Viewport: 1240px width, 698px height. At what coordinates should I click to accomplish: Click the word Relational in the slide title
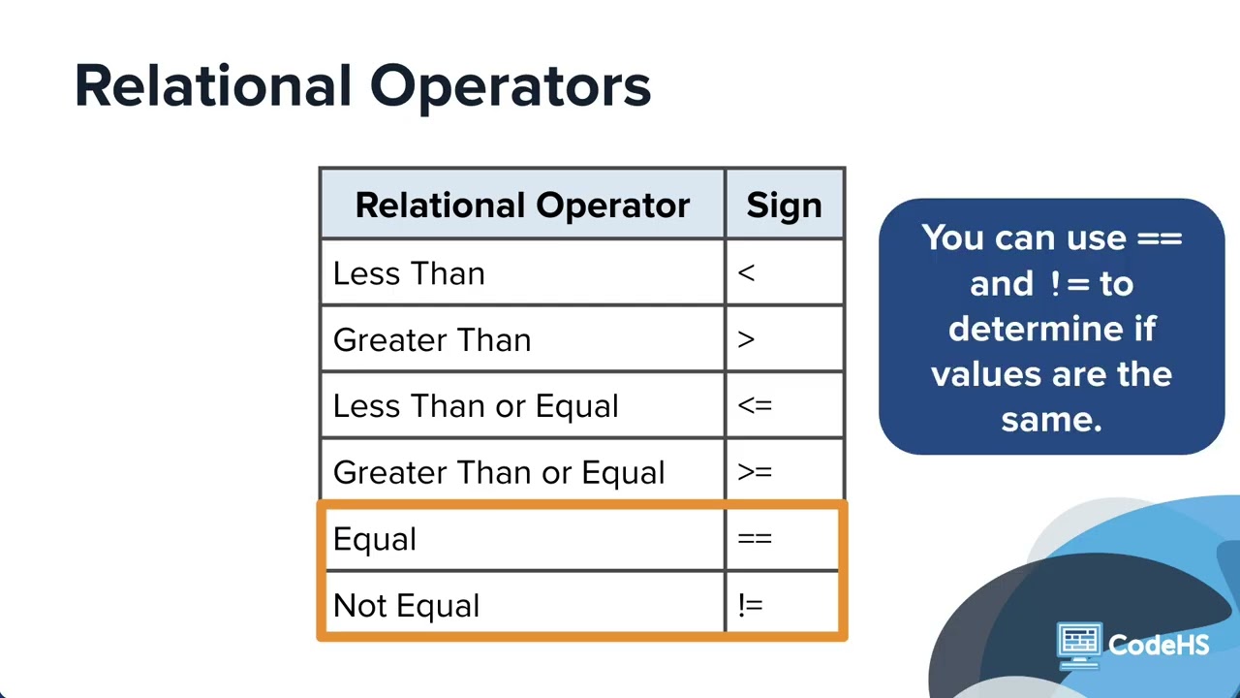point(213,86)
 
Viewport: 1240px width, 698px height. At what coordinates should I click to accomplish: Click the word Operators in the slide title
point(511,88)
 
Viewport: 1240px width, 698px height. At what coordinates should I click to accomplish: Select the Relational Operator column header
point(522,206)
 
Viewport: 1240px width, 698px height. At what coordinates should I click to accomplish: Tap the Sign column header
point(784,206)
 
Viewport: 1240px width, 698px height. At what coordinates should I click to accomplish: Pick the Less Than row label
point(409,273)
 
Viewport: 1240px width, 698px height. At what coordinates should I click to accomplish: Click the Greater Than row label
point(432,339)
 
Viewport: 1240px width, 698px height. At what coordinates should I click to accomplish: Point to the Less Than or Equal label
point(476,406)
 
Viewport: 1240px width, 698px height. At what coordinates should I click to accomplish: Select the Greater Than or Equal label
point(499,472)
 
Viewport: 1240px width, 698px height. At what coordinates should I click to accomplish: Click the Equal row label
point(375,539)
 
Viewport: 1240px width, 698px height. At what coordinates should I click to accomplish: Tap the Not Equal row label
point(407,606)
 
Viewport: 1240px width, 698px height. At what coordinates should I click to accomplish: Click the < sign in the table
point(746,273)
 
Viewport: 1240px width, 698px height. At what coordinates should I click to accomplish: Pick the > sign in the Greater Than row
point(746,339)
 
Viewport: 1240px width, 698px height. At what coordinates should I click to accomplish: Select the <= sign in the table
point(755,406)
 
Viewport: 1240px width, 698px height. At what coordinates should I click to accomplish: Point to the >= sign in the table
point(755,472)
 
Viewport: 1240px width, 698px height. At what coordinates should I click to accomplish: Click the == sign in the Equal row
point(755,538)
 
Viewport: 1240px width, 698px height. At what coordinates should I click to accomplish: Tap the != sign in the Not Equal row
point(751,605)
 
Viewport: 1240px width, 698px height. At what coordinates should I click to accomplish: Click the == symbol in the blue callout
point(1160,239)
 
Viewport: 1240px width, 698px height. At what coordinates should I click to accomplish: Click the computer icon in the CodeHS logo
point(1079,646)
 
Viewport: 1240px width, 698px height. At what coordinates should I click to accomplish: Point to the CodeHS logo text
point(1159,645)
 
